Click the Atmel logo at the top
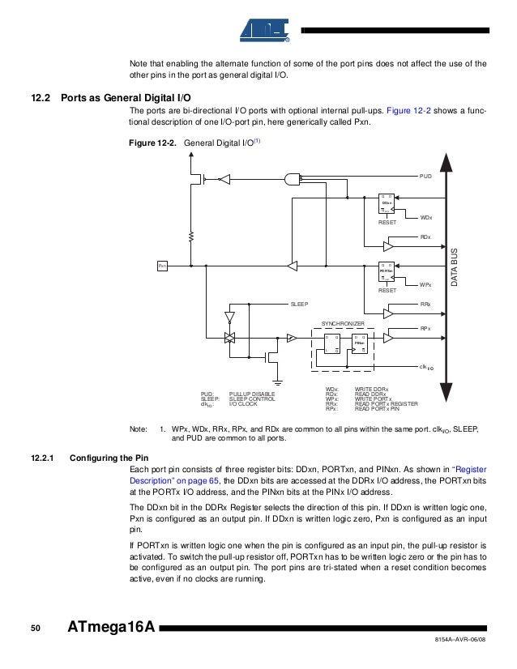tap(265, 30)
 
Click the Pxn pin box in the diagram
tap(162, 265)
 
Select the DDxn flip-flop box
tap(387, 203)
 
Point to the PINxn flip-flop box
tap(359, 344)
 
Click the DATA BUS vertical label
tap(455, 268)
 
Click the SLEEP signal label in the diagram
tap(300, 304)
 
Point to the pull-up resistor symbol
tap(191, 236)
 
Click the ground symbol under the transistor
tap(277, 377)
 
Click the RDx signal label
tap(425, 236)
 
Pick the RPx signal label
tap(425, 328)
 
